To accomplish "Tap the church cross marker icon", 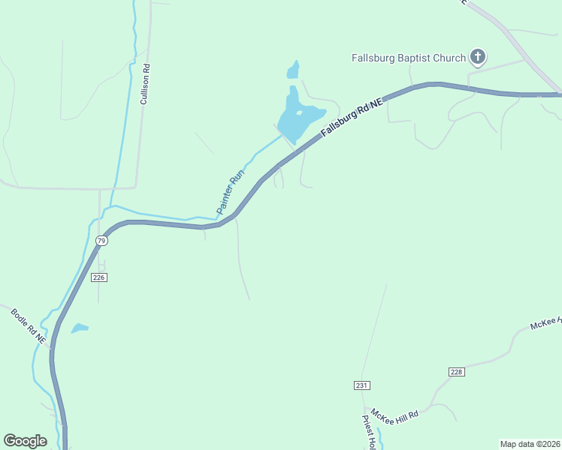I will tap(477, 56).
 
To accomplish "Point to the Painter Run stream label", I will tap(231, 191).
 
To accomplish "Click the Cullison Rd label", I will tap(146, 84).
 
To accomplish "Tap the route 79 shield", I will tap(101, 241).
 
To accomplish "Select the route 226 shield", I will tap(100, 277).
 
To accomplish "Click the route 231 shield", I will tap(362, 385).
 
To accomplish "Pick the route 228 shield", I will tap(456, 372).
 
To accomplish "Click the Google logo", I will tap(25, 441).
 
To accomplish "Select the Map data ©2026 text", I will tap(530, 444).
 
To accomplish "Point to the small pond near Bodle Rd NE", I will tap(79, 328).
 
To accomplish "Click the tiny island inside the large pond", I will tap(299, 113).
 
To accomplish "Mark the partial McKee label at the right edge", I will tap(545, 322).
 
